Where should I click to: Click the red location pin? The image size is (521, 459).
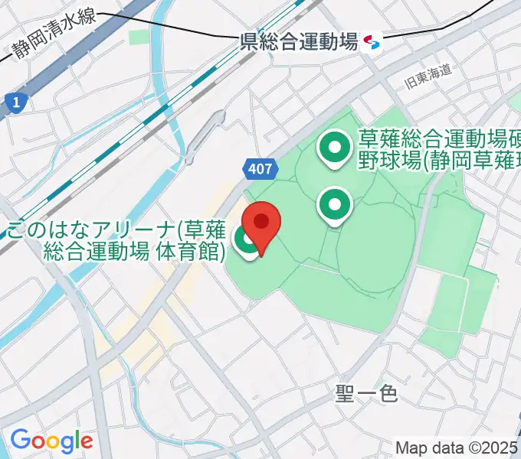pyautogui.click(x=261, y=223)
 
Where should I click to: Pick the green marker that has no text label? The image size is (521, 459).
pyautogui.click(x=335, y=203)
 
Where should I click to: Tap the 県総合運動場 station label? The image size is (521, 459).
pyautogui.click(x=299, y=42)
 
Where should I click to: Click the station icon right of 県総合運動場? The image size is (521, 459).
pyautogui.click(x=372, y=41)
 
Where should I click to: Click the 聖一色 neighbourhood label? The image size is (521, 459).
pyautogui.click(x=366, y=393)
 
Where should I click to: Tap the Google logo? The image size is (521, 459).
pyautogui.click(x=51, y=441)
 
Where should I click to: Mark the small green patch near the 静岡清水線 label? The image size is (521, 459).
pyautogui.click(x=139, y=37)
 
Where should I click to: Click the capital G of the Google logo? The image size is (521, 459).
pyautogui.click(x=21, y=440)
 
